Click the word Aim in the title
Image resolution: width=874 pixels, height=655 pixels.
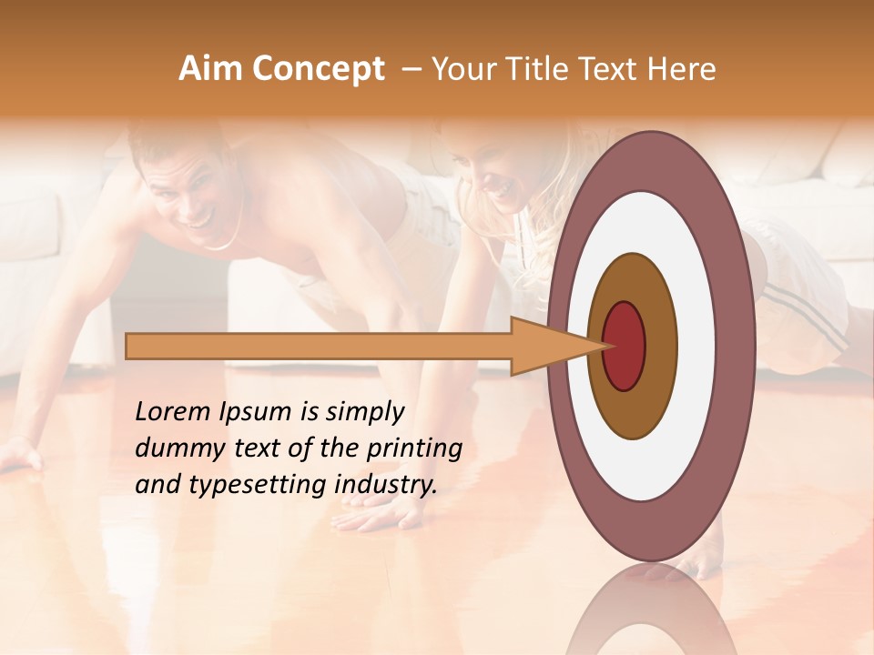click(x=209, y=69)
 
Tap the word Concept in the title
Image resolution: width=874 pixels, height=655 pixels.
click(x=318, y=69)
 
